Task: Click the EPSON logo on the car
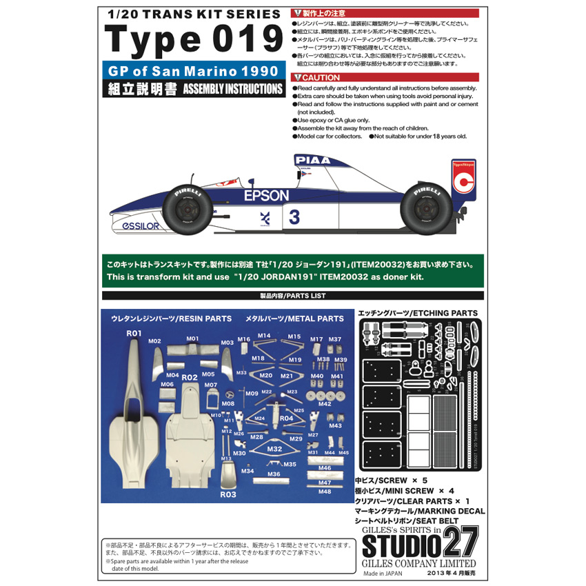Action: [x=266, y=196]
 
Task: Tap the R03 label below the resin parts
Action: [x=228, y=494]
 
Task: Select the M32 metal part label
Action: [x=274, y=449]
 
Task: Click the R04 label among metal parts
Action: [x=287, y=418]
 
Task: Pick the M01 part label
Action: [x=192, y=339]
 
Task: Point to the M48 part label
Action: [x=325, y=492]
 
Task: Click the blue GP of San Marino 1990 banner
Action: [x=192, y=71]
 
